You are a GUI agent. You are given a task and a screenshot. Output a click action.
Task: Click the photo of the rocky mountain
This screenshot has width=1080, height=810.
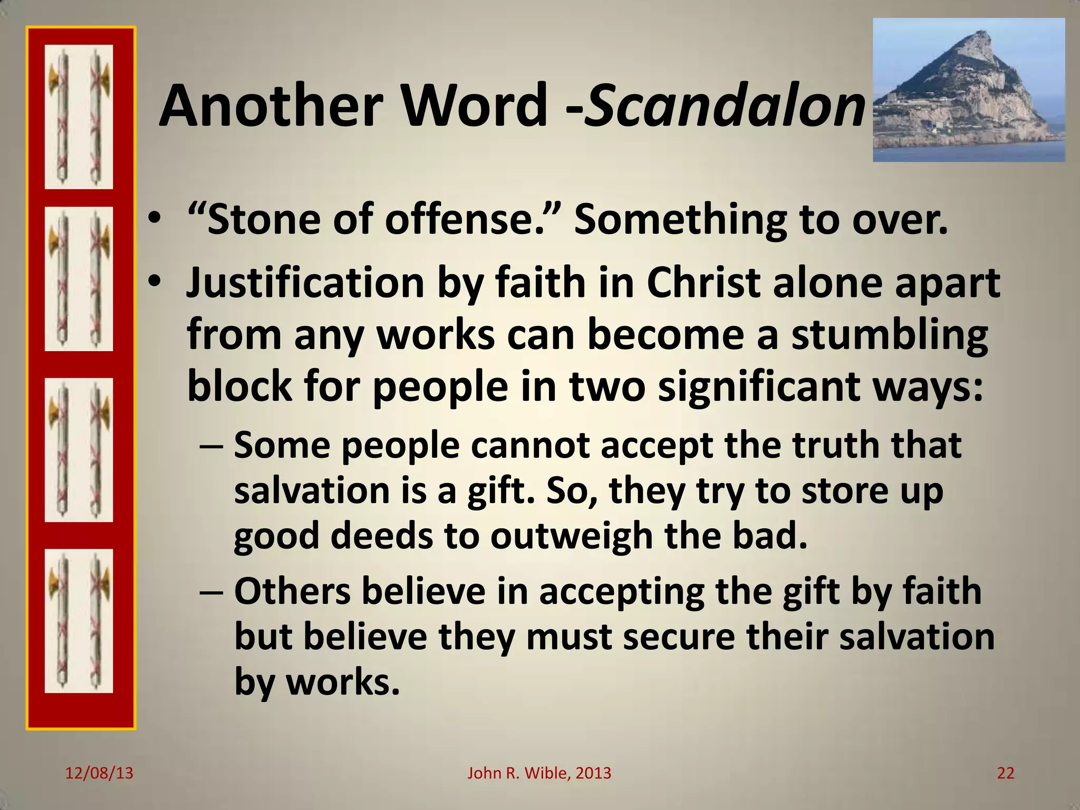(x=968, y=90)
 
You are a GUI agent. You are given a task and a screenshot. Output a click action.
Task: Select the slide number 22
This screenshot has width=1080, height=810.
(x=1006, y=773)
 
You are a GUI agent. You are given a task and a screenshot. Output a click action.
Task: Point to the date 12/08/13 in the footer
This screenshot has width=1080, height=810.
(x=99, y=773)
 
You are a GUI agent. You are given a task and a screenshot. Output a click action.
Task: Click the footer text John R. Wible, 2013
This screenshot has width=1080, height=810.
(x=539, y=773)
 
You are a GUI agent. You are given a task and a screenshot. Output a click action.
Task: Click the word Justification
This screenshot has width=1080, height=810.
(x=305, y=283)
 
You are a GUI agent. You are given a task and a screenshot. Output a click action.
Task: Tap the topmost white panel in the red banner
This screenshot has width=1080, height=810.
(x=79, y=117)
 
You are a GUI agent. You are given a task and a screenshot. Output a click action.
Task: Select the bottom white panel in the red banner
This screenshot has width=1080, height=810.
(x=79, y=621)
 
